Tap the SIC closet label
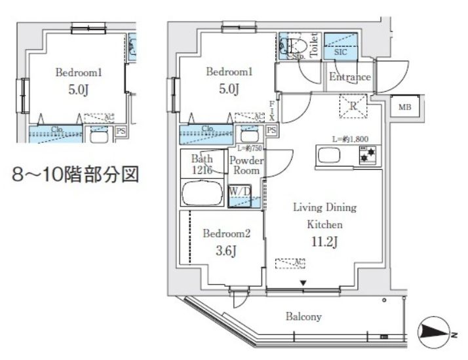[340, 51]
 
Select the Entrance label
[349, 77]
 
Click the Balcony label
[303, 317]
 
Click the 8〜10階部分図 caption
[76, 175]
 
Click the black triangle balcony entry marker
[303, 283]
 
